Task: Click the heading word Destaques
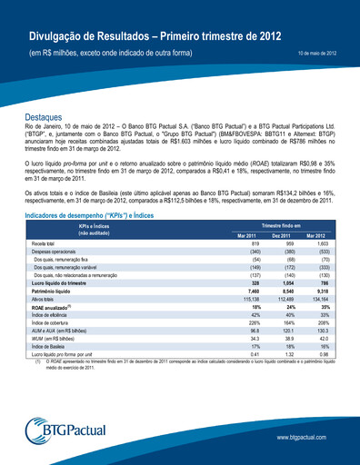click(47, 120)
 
